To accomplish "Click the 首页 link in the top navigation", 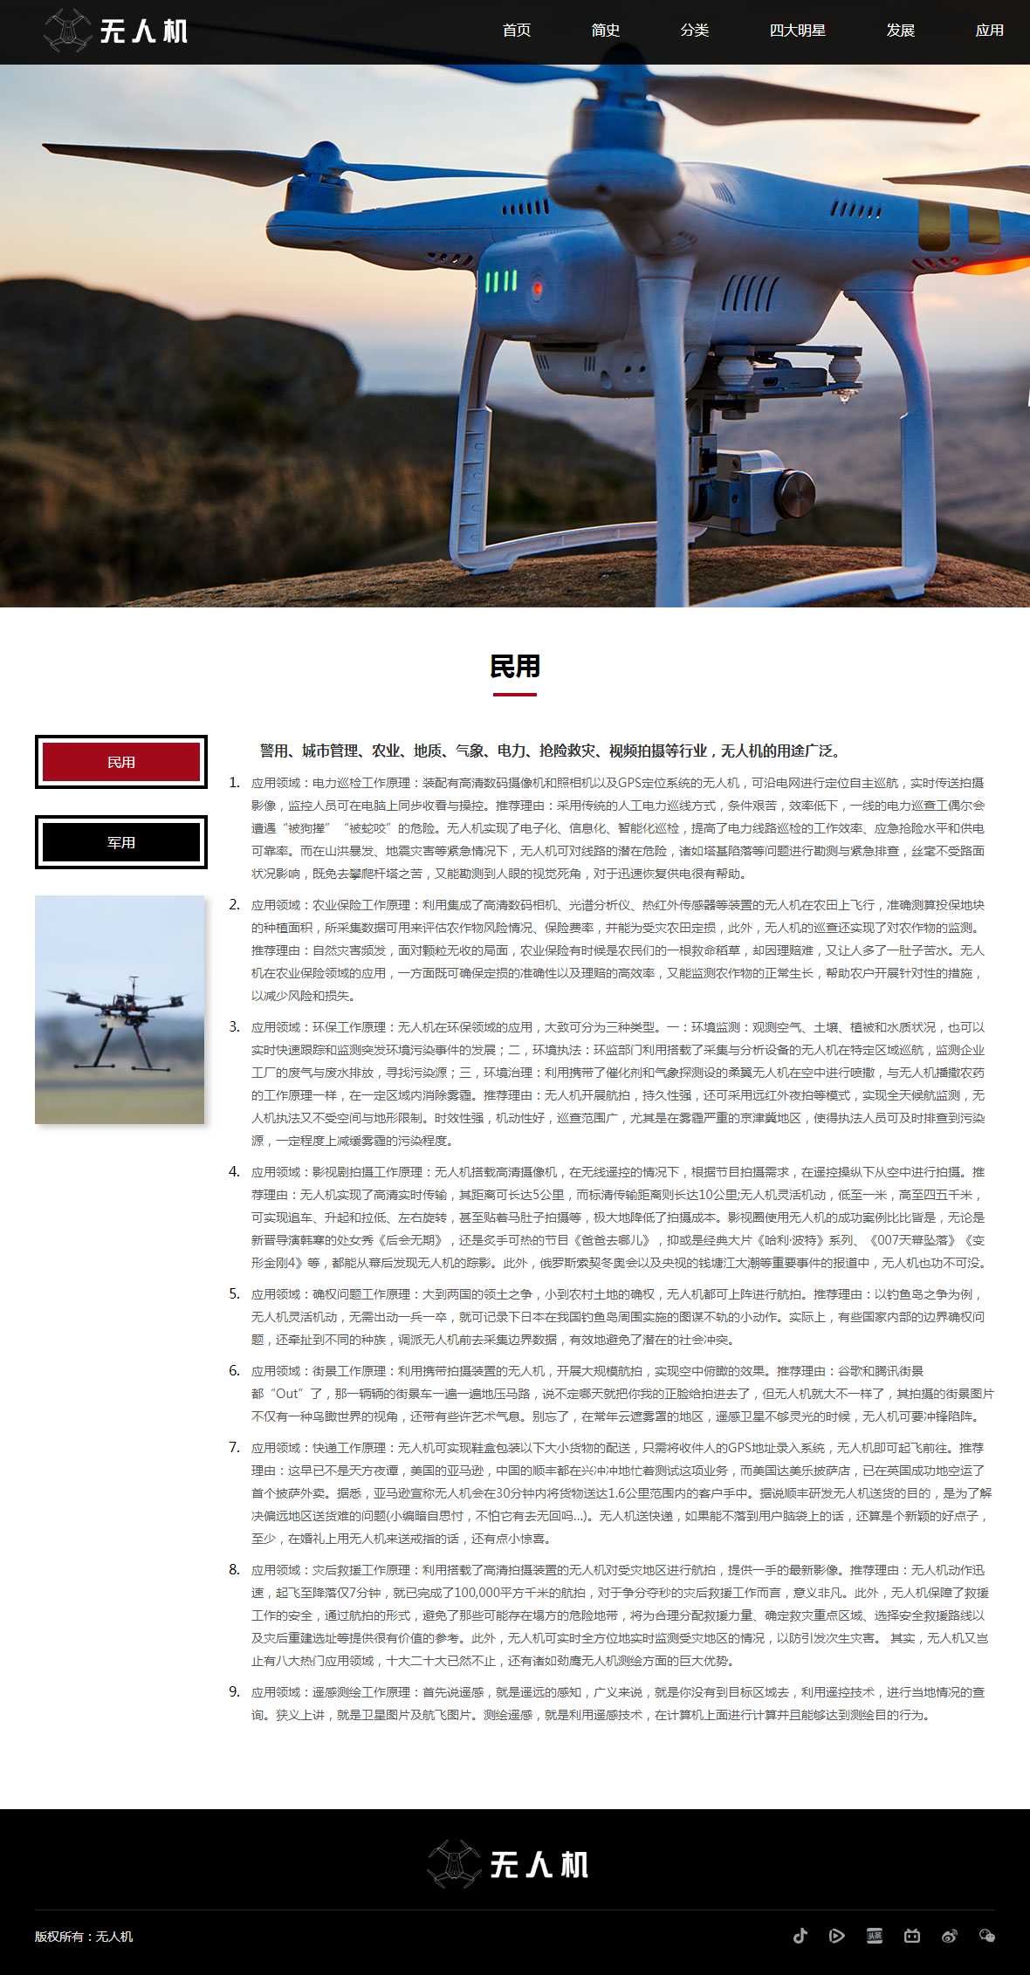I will click(517, 31).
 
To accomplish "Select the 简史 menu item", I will click(606, 31).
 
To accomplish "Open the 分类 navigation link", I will click(695, 31).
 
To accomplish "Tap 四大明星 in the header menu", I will click(797, 31).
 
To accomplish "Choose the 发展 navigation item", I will click(900, 31).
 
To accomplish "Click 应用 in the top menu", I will click(989, 31).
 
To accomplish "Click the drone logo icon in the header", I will click(67, 31).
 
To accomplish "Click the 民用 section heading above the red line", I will click(515, 667).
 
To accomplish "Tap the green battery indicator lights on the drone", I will click(500, 281).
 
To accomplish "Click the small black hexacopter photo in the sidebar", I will click(120, 1010).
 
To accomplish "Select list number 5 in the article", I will click(234, 1293).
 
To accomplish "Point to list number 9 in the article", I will click(234, 1691).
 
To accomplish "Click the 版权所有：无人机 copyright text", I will click(84, 1936).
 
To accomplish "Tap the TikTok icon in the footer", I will click(800, 1936).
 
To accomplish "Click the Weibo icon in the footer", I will click(950, 1936).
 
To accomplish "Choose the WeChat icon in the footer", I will click(987, 1936).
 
